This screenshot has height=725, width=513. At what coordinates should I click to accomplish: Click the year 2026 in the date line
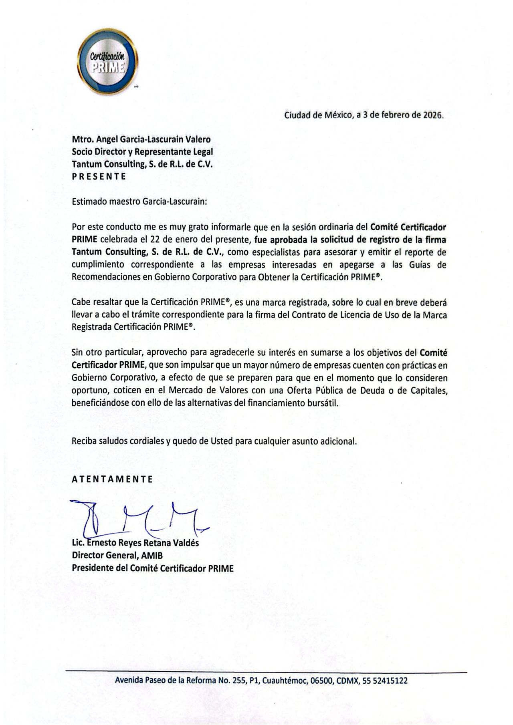click(432, 115)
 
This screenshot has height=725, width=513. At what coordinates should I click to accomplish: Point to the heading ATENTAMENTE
click(112, 479)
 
